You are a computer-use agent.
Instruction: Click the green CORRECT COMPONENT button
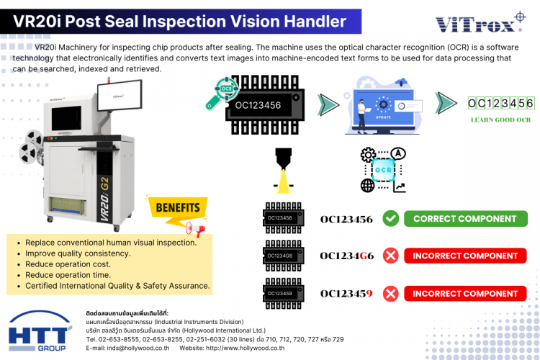pos(464,219)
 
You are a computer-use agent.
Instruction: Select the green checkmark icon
pos(391,219)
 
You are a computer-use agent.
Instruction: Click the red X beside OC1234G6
pos(391,256)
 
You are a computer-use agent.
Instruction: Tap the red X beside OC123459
pos(391,293)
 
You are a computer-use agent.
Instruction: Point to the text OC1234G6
pos(346,256)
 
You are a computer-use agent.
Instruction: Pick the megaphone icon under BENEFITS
pos(195,228)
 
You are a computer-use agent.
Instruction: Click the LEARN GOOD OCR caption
pos(500,120)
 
